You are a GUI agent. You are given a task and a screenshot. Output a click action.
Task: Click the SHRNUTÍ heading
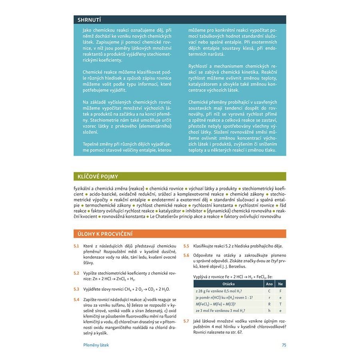coord(89,20)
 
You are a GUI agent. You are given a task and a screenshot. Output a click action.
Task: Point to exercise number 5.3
coord(76,288)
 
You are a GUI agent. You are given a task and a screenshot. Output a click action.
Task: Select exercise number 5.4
coord(76,299)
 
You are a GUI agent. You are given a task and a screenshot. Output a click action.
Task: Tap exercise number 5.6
coord(186,255)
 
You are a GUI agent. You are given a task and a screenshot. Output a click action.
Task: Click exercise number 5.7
coord(186,321)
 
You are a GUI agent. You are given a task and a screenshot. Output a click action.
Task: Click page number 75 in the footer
coord(284,345)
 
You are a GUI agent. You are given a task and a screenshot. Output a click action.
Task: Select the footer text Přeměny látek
coord(96,345)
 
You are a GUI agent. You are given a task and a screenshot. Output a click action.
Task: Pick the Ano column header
coord(269,284)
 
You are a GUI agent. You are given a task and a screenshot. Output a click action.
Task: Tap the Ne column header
coord(280,284)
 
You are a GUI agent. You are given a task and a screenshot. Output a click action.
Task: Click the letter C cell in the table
coord(269,291)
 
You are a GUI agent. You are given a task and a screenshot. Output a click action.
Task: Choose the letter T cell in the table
coord(280,304)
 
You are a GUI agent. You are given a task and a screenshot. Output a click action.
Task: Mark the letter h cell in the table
coord(269,310)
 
